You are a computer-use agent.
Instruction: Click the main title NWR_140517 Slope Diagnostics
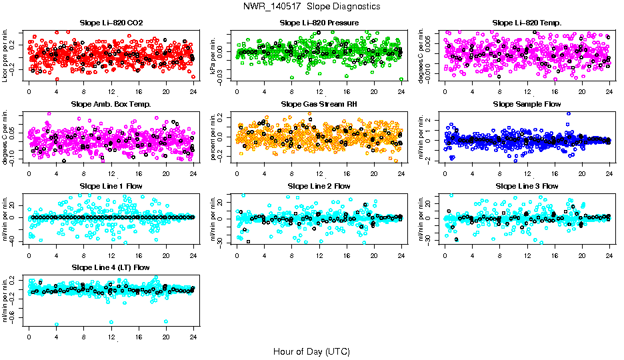point(312,6)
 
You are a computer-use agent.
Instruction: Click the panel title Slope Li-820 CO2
point(111,23)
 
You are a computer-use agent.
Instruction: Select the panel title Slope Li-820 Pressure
point(319,23)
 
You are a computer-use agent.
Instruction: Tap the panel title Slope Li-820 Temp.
point(527,23)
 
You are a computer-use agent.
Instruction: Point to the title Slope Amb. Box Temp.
point(111,104)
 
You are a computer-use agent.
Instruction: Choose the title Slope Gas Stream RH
point(319,104)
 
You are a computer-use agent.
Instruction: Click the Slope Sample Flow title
point(527,104)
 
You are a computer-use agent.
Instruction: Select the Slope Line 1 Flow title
point(111,185)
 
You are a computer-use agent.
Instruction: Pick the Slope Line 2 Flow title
point(319,185)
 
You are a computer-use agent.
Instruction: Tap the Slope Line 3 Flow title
point(527,185)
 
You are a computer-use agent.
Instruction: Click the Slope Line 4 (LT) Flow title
point(111,267)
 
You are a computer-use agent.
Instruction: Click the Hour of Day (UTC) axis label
point(311,351)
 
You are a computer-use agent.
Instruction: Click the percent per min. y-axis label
point(213,136)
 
